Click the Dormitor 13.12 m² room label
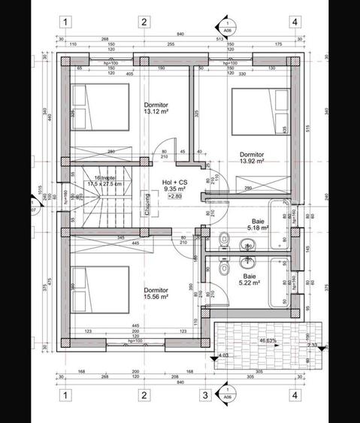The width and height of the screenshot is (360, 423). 158,109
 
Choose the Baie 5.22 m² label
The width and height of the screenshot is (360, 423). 249,279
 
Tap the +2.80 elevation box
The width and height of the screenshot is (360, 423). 174,197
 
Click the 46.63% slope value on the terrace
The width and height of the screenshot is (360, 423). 268,340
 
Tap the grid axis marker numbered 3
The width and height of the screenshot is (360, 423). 203,394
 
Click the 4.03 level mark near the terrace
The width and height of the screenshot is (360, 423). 222,355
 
